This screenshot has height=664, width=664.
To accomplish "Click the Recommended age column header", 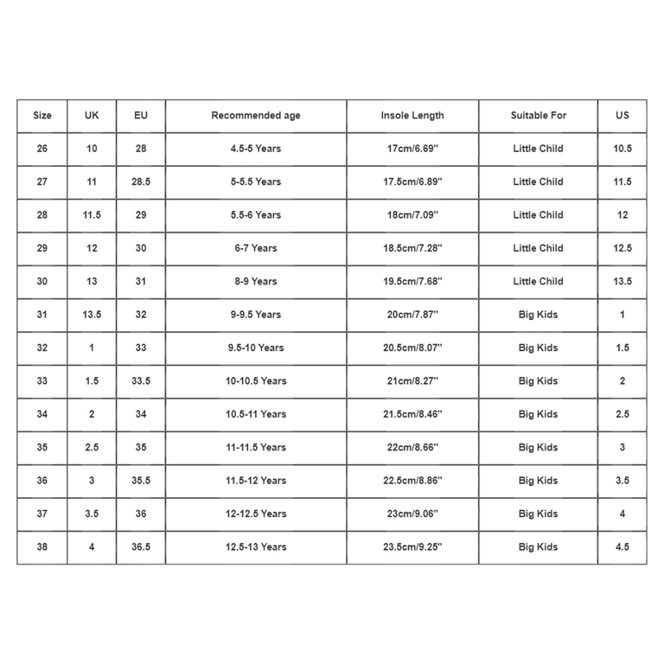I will tap(256, 116).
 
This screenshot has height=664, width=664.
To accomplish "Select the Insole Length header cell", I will tap(412, 116).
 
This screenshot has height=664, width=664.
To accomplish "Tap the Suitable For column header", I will tap(538, 116).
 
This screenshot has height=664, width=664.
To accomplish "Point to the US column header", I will tap(622, 116).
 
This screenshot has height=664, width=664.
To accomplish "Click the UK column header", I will tap(92, 116).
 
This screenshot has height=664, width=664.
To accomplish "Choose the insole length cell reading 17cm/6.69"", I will tap(412, 149).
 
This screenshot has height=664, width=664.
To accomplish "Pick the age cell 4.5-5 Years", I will tap(256, 149).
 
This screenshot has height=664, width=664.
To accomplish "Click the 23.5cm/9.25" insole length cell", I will tap(412, 547).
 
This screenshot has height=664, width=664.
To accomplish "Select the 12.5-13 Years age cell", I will tap(256, 547).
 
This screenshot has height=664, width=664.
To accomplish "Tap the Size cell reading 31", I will tap(42, 315).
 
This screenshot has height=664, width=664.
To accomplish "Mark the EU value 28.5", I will tap(141, 182).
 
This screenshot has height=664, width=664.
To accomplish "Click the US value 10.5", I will tap(622, 149).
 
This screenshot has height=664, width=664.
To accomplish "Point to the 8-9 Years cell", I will tap(256, 282).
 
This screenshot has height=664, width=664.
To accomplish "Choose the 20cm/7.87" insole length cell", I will tap(412, 315).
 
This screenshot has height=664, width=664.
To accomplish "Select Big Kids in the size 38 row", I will tap(538, 547).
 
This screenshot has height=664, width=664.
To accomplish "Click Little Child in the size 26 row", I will tap(538, 149).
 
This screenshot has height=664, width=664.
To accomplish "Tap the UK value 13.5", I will tap(92, 315).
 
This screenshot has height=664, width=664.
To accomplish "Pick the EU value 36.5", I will tap(141, 547).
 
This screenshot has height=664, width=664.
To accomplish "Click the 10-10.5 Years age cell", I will tap(256, 381).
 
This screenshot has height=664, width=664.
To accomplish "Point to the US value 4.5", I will tap(622, 547).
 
